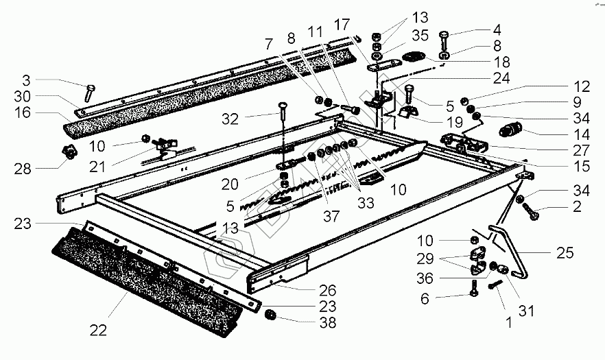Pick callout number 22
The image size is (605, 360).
[x=98, y=330]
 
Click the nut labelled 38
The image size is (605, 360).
[x=272, y=315]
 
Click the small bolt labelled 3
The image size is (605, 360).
[x=91, y=91]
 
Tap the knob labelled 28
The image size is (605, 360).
[x=69, y=154]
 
